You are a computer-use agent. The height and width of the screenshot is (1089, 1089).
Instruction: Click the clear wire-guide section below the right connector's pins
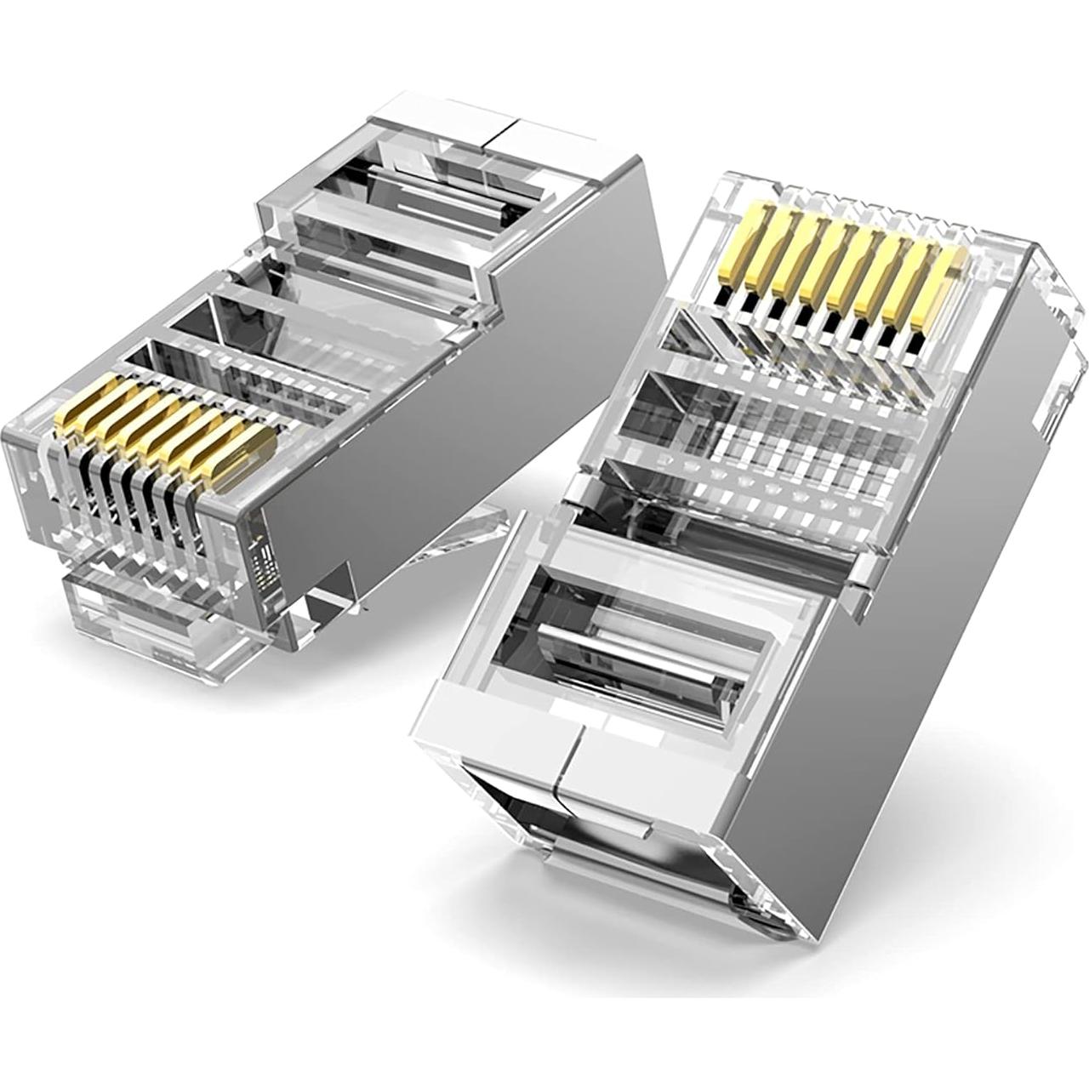766,434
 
